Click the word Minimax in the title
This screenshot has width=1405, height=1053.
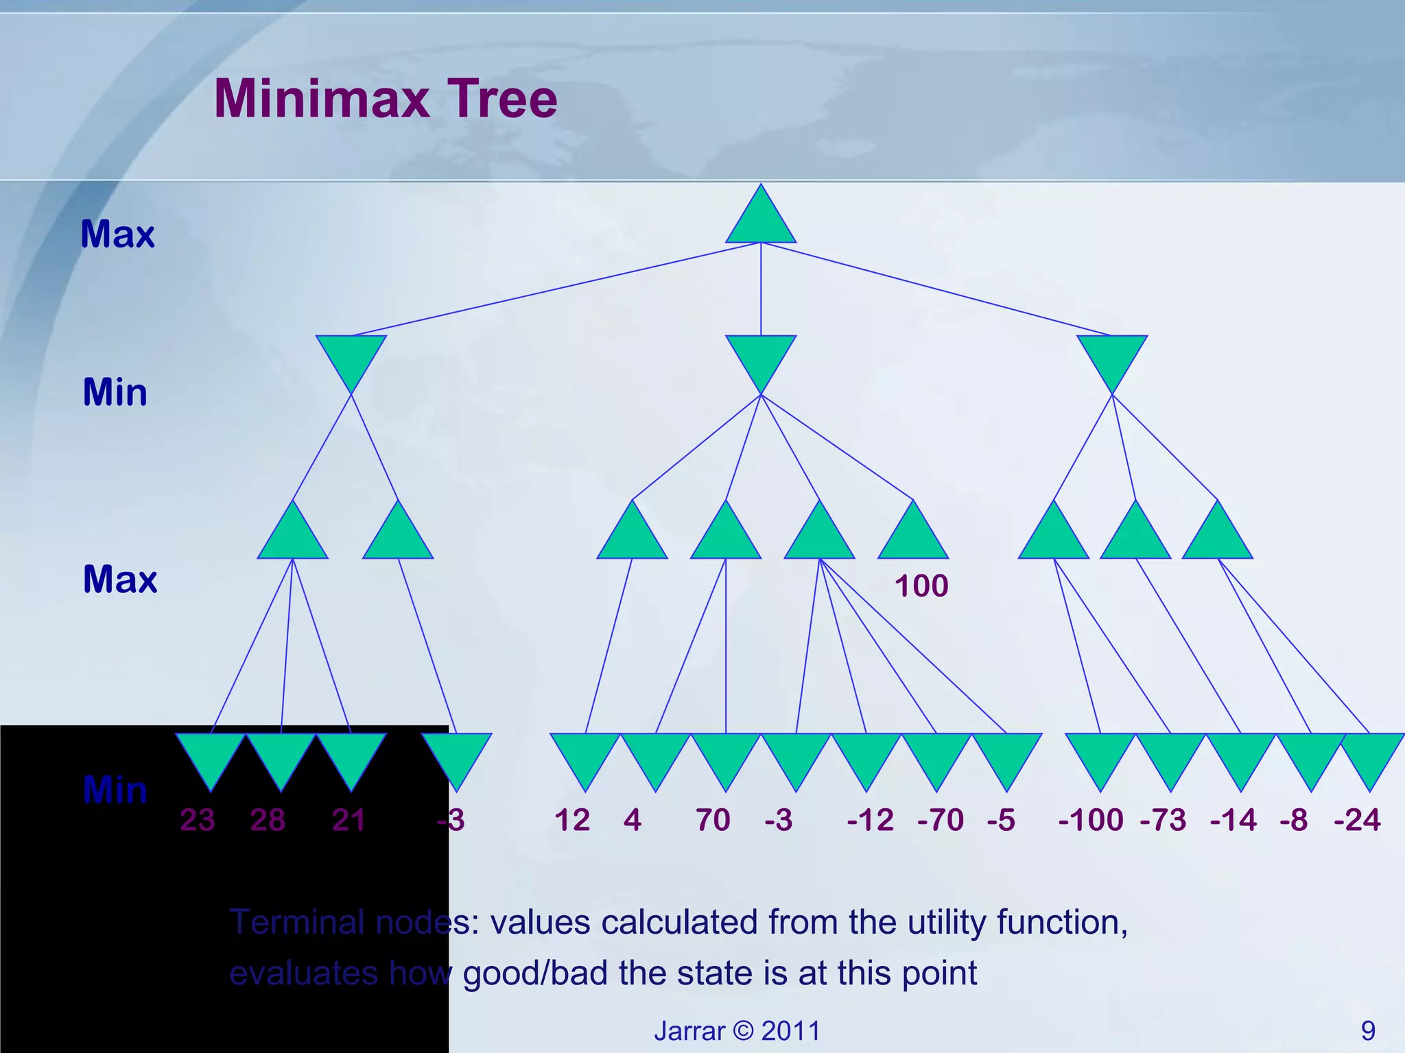tap(322, 99)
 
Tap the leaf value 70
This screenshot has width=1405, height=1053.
tap(713, 820)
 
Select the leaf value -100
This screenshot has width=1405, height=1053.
tap(1091, 820)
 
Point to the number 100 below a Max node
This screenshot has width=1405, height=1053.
tap(921, 586)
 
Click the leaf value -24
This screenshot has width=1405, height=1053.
tap(1356, 820)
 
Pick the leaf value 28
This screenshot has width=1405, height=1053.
tap(268, 820)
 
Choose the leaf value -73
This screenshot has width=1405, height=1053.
tap(1163, 820)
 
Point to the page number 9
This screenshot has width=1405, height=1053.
tap(1368, 1030)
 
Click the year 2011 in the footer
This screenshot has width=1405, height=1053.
tap(790, 1030)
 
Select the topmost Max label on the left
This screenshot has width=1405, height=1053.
tap(117, 234)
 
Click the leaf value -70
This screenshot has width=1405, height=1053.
tap(940, 820)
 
